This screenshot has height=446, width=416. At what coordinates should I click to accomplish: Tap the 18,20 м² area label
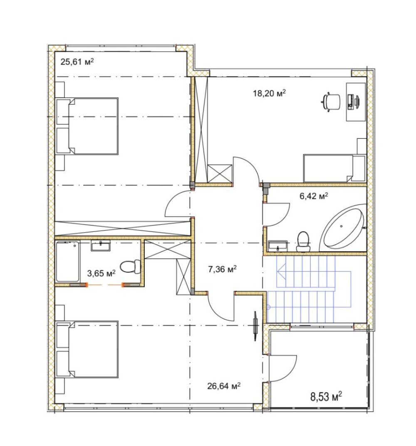click(x=269, y=93)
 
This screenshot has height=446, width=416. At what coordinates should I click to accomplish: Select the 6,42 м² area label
click(x=314, y=196)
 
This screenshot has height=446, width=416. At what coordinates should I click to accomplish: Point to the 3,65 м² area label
click(x=101, y=273)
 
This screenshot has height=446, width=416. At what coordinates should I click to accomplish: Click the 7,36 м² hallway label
click(x=222, y=269)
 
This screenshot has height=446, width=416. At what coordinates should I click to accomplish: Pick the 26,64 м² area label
click(x=224, y=386)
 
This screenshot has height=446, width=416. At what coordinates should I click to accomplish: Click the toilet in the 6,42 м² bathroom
click(x=303, y=241)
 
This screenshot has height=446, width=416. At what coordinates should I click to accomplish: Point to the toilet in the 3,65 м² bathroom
click(x=130, y=267)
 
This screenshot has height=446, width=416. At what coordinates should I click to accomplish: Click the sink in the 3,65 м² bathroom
click(x=101, y=245)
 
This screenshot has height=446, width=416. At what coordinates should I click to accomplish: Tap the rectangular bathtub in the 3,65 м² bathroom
click(x=68, y=261)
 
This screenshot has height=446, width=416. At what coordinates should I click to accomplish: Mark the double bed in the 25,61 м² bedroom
click(x=87, y=126)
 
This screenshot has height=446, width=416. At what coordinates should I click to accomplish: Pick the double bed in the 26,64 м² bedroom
click(x=87, y=349)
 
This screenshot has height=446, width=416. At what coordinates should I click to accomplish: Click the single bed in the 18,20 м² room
click(x=334, y=168)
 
